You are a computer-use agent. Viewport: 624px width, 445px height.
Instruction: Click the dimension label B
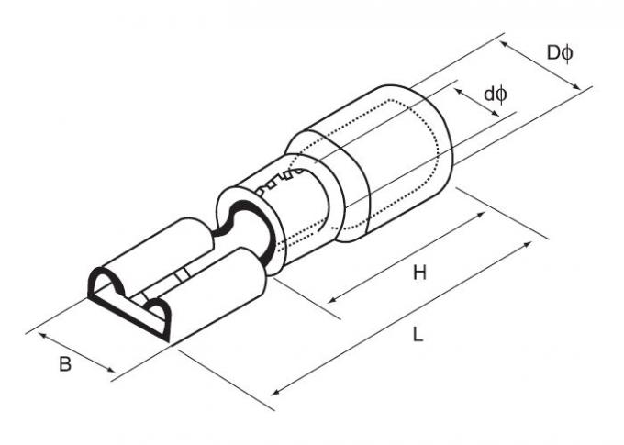click(65, 364)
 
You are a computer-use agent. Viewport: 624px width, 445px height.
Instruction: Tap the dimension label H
click(419, 273)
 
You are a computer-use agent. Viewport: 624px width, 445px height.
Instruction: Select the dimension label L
click(418, 334)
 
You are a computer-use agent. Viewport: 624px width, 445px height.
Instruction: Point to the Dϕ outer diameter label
click(560, 52)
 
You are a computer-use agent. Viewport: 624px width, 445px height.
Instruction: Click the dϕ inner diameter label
click(496, 95)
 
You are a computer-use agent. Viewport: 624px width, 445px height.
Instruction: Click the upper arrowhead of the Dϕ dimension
click(504, 44)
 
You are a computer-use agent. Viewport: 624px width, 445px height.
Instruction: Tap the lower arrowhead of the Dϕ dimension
click(576, 86)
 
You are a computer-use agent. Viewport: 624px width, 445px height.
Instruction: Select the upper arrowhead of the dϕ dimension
click(459, 92)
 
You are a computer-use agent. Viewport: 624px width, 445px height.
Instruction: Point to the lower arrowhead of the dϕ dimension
click(495, 114)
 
